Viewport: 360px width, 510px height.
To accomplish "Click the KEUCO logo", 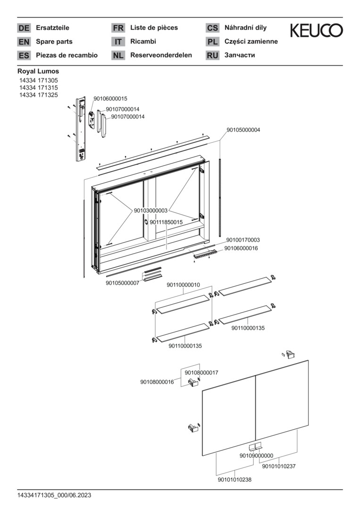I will [x=316, y=31].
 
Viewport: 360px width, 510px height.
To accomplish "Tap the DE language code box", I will [x=24, y=28].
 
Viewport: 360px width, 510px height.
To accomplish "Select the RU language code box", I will [x=212, y=55].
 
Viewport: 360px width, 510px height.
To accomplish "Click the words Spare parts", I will [x=54, y=42].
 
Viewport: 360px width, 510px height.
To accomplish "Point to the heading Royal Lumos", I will [x=38, y=71].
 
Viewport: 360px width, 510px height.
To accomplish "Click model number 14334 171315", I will [x=39, y=88].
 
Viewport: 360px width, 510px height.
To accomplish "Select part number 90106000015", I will [x=110, y=99].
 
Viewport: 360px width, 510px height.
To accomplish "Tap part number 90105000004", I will [x=243, y=130].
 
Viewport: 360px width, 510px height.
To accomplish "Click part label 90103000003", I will [x=151, y=211].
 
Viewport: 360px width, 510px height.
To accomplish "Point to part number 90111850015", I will [x=166, y=222].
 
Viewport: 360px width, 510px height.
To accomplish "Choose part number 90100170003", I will [x=243, y=240].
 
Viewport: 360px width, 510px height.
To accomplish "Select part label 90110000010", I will [x=184, y=285].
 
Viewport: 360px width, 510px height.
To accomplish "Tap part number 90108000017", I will [x=201, y=373].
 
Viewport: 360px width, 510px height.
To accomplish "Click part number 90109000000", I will [x=256, y=456].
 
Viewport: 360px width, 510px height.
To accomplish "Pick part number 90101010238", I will [x=234, y=480].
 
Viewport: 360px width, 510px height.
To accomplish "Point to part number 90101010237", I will [x=279, y=467].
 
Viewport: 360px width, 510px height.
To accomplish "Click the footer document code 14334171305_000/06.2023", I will [x=54, y=495].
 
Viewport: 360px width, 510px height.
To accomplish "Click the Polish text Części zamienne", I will [x=251, y=42].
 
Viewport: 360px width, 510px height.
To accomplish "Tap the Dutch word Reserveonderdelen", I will [x=161, y=55].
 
